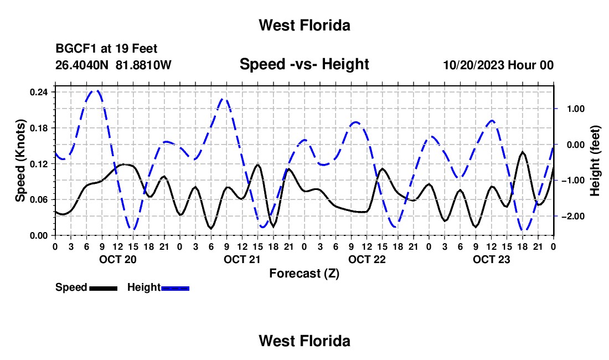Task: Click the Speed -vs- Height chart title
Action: (304, 64)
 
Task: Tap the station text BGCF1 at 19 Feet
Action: (106, 49)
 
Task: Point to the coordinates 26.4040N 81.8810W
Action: (113, 65)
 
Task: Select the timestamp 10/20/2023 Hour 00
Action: (498, 65)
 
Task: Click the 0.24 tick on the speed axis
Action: (38, 92)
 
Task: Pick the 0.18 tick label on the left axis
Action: (38, 128)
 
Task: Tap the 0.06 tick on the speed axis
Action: (38, 199)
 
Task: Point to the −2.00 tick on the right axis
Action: (573, 217)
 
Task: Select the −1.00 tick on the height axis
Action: (573, 181)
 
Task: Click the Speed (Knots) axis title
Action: (20, 161)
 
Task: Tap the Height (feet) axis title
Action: (595, 161)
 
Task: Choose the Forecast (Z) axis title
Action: (304, 274)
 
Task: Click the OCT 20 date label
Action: (118, 259)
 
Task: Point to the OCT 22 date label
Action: (367, 259)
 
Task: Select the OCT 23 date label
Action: (491, 259)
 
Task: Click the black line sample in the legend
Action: (104, 288)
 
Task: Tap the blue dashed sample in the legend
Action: (175, 288)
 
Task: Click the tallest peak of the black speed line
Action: (523, 152)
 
